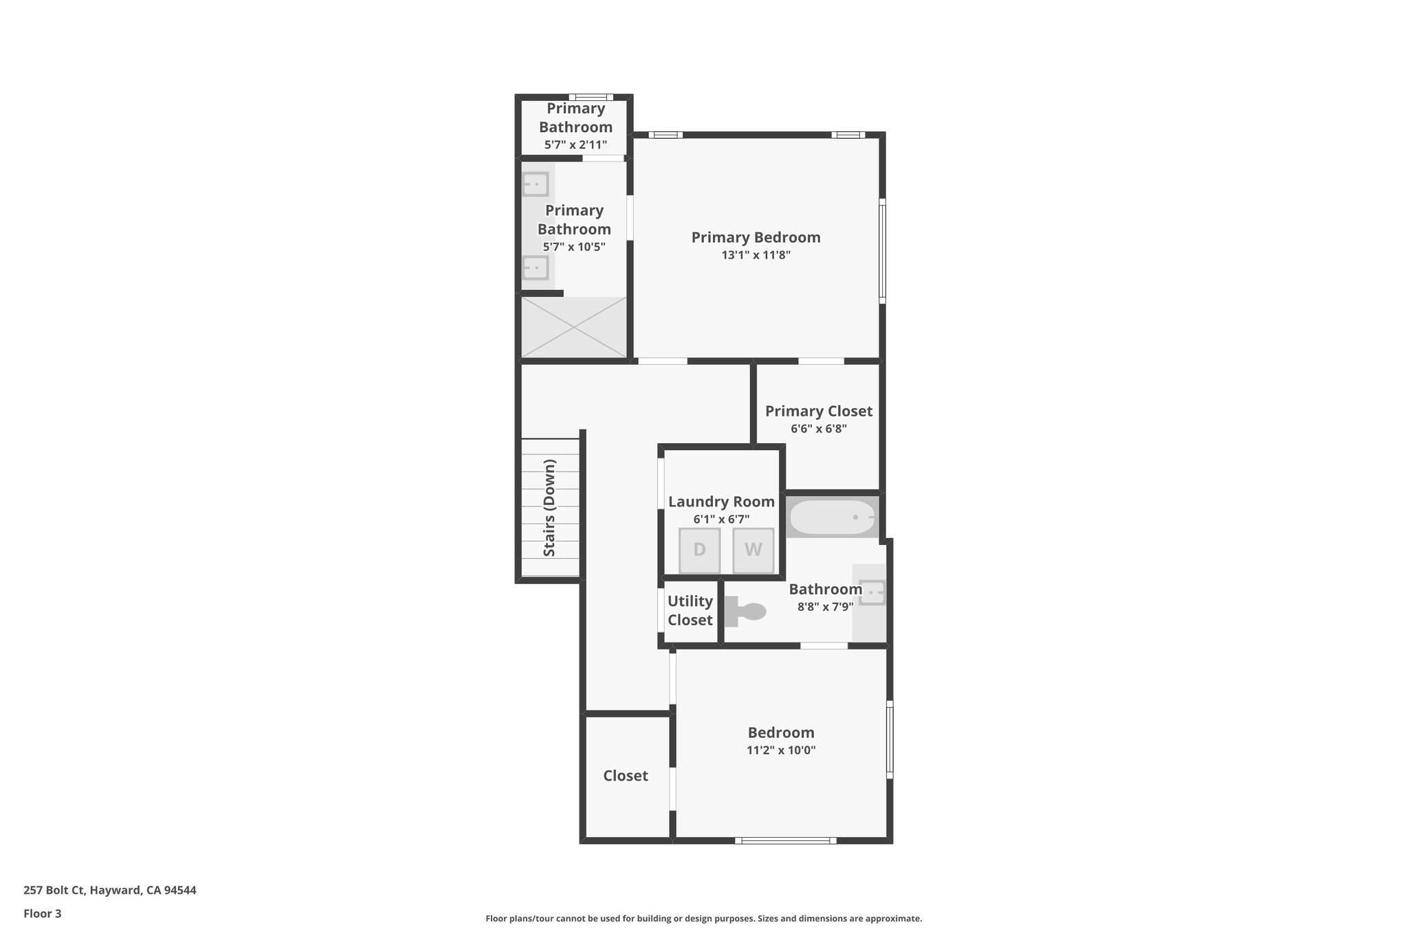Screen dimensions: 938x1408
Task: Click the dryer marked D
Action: [x=699, y=550]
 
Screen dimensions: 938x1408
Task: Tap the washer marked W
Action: [x=753, y=550]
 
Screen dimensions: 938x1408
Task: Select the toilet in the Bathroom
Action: [x=747, y=612]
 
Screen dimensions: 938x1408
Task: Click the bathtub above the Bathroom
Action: [x=833, y=517]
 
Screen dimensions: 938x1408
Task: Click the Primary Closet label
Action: [x=818, y=411]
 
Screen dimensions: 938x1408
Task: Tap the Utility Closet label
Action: [x=690, y=610]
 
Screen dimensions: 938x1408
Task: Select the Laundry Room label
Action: [x=721, y=502]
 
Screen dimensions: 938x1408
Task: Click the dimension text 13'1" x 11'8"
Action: [x=756, y=255]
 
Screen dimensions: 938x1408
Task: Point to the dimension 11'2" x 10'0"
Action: [x=781, y=750]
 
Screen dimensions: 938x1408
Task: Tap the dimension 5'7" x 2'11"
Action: [x=575, y=144]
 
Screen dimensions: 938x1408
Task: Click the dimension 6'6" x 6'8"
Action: [x=818, y=429]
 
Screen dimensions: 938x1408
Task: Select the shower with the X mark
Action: [x=574, y=327]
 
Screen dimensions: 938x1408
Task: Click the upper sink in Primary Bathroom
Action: [x=535, y=184]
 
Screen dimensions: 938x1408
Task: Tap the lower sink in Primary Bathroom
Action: [x=535, y=267]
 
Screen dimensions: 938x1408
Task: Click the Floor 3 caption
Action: [x=43, y=913]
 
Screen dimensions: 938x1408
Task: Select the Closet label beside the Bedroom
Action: [x=626, y=776]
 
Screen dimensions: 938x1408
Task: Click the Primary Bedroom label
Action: [x=756, y=237]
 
